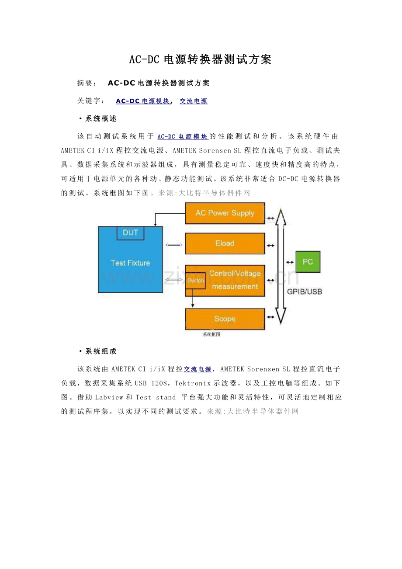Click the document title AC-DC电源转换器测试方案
[201, 60]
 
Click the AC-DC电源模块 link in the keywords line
[142, 101]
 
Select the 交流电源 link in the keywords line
[194, 101]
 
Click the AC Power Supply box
[225, 213]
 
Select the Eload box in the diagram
[225, 243]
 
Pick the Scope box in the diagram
[225, 319]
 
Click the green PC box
[308, 262]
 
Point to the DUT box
[130, 233]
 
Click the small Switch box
[195, 281]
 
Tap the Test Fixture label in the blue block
[130, 263]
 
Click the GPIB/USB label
[305, 291]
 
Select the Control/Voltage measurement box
[235, 280]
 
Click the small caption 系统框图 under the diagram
[211, 334]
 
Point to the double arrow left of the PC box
[290, 262]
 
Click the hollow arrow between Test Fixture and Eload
[174, 245]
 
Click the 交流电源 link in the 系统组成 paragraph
[198, 370]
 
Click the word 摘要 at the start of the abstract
[85, 83]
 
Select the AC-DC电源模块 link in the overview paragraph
[182, 137]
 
